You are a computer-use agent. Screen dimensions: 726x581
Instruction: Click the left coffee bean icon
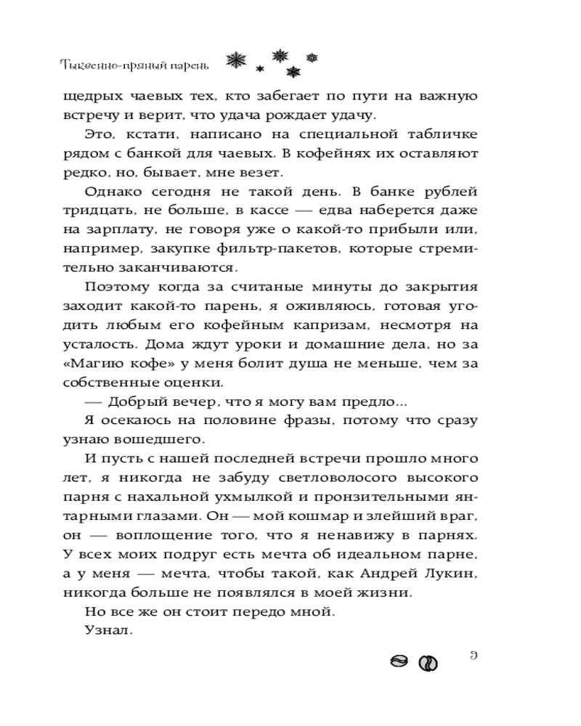[399, 661]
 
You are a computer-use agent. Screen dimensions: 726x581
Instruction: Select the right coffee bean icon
[428, 663]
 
